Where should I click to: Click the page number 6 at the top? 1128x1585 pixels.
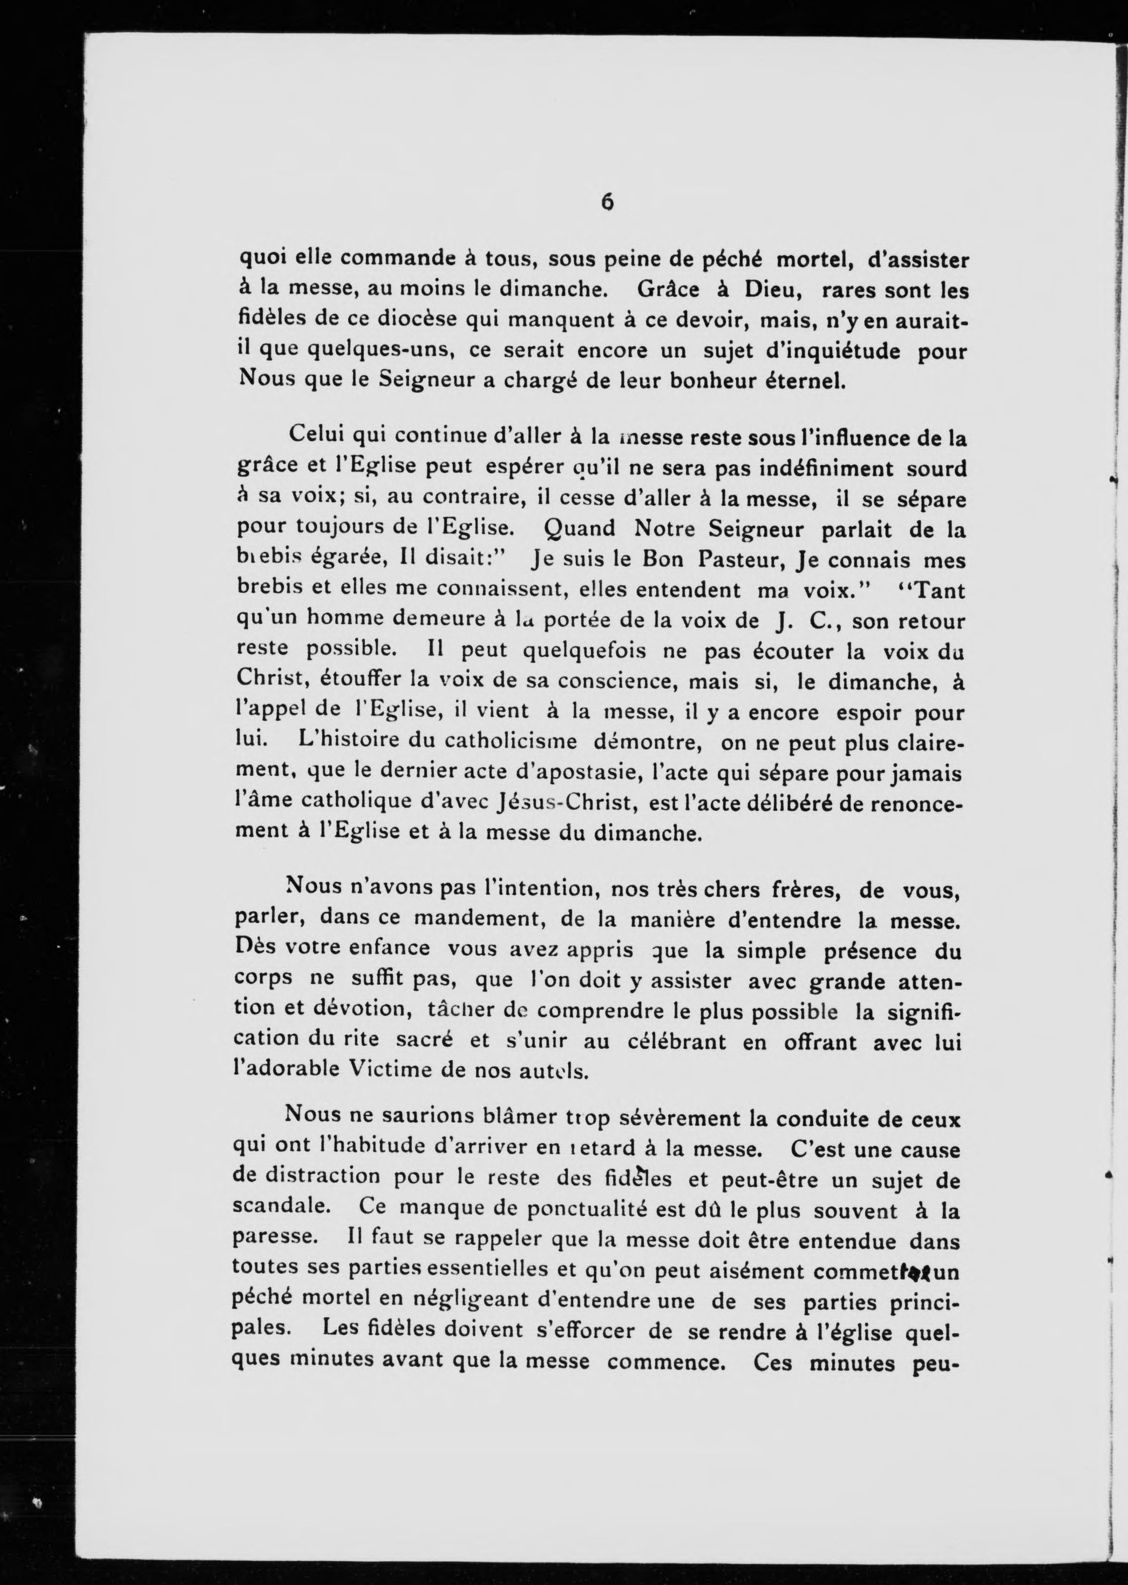point(607,201)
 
